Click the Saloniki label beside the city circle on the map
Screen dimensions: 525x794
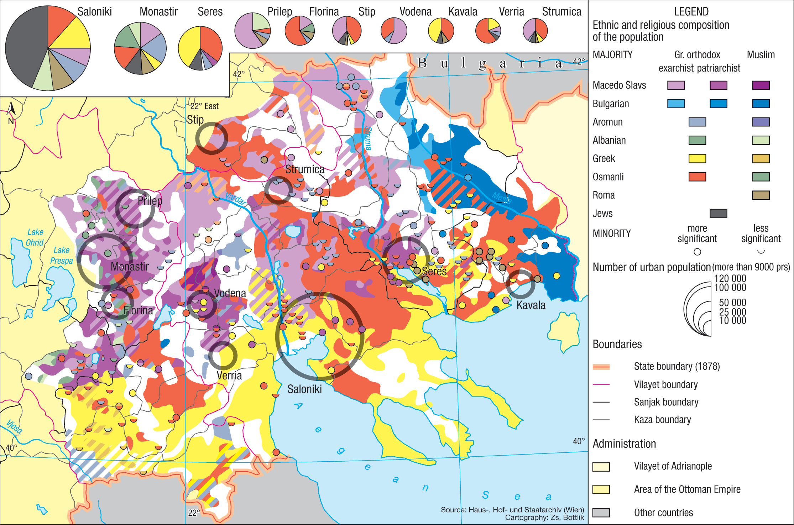tap(304, 389)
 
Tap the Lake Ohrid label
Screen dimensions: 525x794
tap(35, 237)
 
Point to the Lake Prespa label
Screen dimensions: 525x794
tap(61, 255)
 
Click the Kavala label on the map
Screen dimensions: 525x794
tap(531, 305)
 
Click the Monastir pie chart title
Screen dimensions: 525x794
tap(158, 12)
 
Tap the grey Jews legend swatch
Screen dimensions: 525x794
tap(718, 214)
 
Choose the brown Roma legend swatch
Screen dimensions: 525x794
tap(761, 195)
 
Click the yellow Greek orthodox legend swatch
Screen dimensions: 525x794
tap(697, 158)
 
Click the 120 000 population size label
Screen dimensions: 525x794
tap(730, 278)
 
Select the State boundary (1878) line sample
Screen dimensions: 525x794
tap(601, 367)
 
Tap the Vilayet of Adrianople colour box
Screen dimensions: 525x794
tap(601, 467)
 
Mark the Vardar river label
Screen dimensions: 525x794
tap(235, 199)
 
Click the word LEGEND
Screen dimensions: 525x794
tap(691, 12)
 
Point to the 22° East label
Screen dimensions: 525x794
tap(204, 106)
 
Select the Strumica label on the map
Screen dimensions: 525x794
tap(305, 169)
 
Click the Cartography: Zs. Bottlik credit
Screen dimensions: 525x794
tap(544, 518)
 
